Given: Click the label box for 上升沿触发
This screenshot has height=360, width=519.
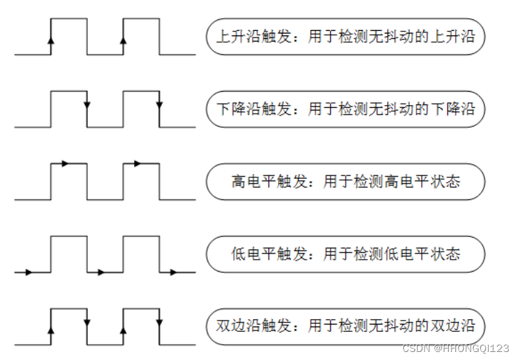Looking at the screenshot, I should click(345, 36).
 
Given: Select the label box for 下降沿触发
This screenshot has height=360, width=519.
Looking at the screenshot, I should click(345, 108).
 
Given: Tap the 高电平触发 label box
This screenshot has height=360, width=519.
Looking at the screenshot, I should click(345, 181).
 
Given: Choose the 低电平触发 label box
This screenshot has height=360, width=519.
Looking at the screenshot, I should click(345, 254).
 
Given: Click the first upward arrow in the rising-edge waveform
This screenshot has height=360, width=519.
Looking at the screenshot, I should click(51, 39).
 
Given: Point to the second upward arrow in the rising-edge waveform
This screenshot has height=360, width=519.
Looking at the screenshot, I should click(123, 39).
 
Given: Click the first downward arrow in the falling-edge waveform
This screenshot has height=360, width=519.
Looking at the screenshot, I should click(87, 105).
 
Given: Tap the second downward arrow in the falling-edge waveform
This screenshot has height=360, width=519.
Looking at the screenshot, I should click(159, 105).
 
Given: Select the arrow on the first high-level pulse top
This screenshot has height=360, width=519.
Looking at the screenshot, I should click(64, 163).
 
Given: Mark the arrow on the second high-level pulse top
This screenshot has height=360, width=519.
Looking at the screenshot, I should click(136, 163).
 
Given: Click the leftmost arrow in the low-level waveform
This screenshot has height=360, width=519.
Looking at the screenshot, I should click(27, 272).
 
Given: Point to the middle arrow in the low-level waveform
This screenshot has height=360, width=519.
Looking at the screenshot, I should click(100, 272).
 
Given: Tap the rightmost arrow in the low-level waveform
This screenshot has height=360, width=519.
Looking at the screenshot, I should click(173, 272).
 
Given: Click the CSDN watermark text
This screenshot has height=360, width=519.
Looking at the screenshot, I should click(455, 349).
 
